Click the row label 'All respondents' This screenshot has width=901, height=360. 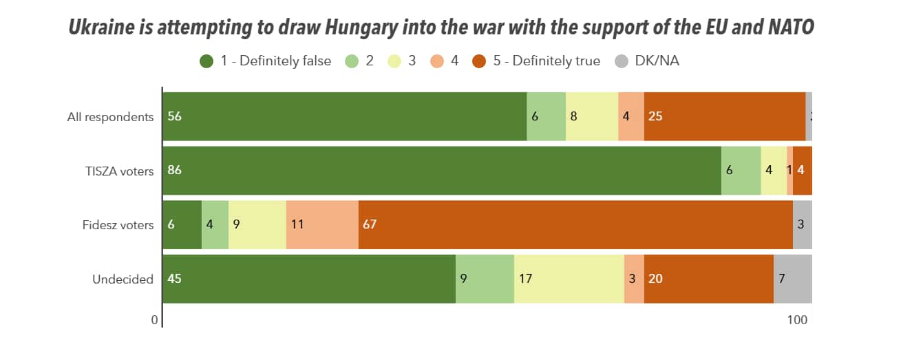click(110, 117)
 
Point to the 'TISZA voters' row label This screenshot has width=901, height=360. click(114, 171)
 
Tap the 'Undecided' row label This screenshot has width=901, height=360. click(123, 279)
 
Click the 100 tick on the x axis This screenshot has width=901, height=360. click(797, 320)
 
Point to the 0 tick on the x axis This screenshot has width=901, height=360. click(155, 320)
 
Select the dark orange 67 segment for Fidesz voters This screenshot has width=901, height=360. click(575, 225)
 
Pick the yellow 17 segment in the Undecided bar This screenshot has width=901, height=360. click(569, 279)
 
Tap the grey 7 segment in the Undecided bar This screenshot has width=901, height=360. click(793, 279)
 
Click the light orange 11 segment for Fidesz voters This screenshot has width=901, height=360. click(322, 225)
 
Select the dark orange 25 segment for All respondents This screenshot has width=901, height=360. click(725, 117)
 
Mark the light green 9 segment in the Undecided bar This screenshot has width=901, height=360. click(485, 279)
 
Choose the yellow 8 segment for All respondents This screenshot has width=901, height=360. click(592, 117)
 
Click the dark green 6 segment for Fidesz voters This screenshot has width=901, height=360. click(182, 225)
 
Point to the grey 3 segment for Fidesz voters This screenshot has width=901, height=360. click(803, 225)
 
